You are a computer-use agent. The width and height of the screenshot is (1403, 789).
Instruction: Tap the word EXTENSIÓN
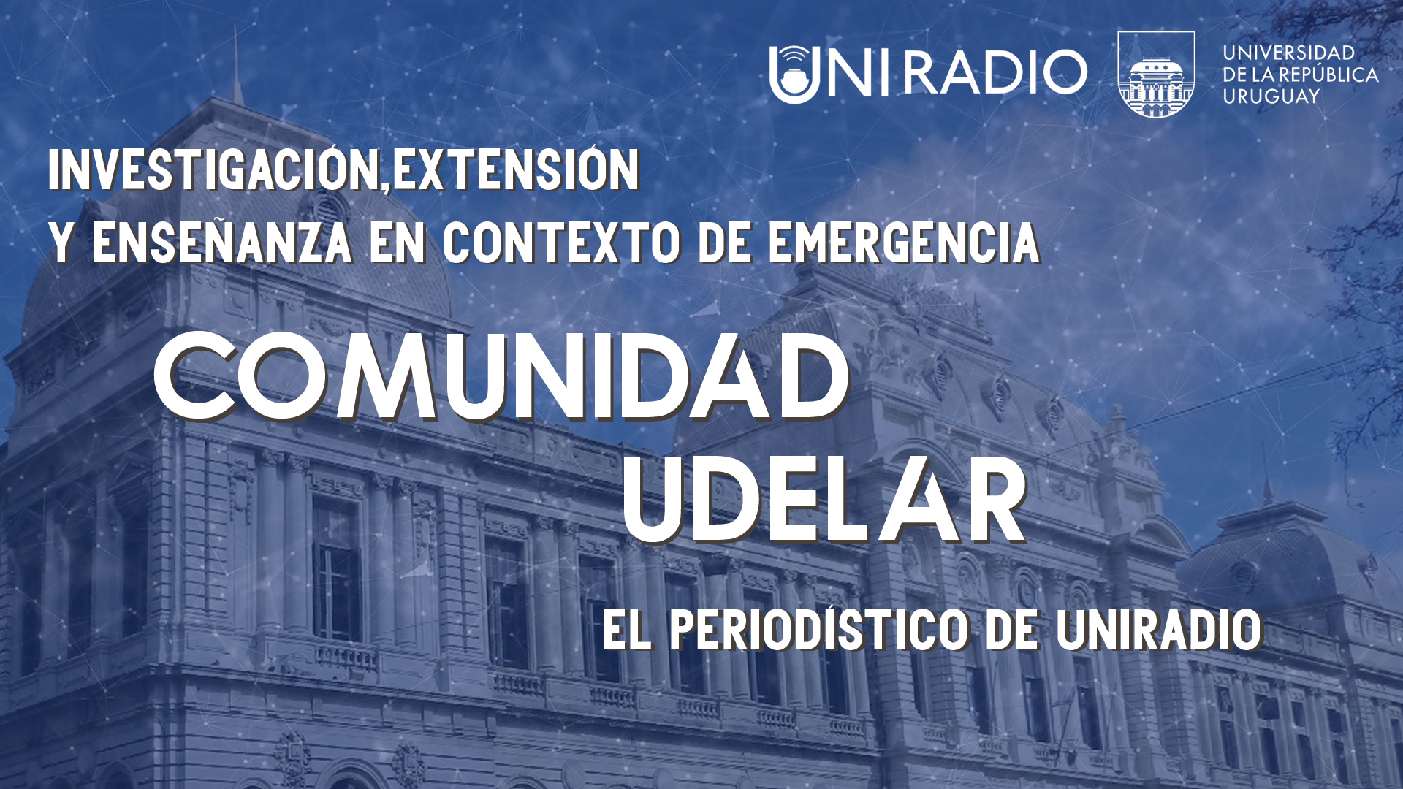[x=516, y=169]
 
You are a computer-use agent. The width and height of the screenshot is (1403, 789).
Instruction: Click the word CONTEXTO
[x=562, y=243]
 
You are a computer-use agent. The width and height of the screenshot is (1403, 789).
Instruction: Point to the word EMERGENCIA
[x=904, y=243]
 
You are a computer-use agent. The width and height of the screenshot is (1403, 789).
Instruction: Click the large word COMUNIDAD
[x=502, y=377]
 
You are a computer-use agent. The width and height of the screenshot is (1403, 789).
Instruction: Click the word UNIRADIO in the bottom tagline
[x=1160, y=630]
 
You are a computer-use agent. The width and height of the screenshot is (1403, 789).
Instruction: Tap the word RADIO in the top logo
[x=996, y=72]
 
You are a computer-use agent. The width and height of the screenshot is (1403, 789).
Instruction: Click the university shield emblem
[x=1156, y=74]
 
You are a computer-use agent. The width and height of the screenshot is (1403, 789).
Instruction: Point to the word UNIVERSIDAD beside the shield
[x=1289, y=53]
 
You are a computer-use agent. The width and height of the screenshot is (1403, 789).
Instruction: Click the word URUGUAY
[x=1271, y=96]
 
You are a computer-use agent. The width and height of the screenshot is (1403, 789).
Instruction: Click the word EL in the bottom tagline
[x=627, y=630]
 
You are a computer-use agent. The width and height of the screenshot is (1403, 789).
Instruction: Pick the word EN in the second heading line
[x=398, y=243]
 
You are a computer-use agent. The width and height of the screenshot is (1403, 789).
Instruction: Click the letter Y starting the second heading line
[x=61, y=243]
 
